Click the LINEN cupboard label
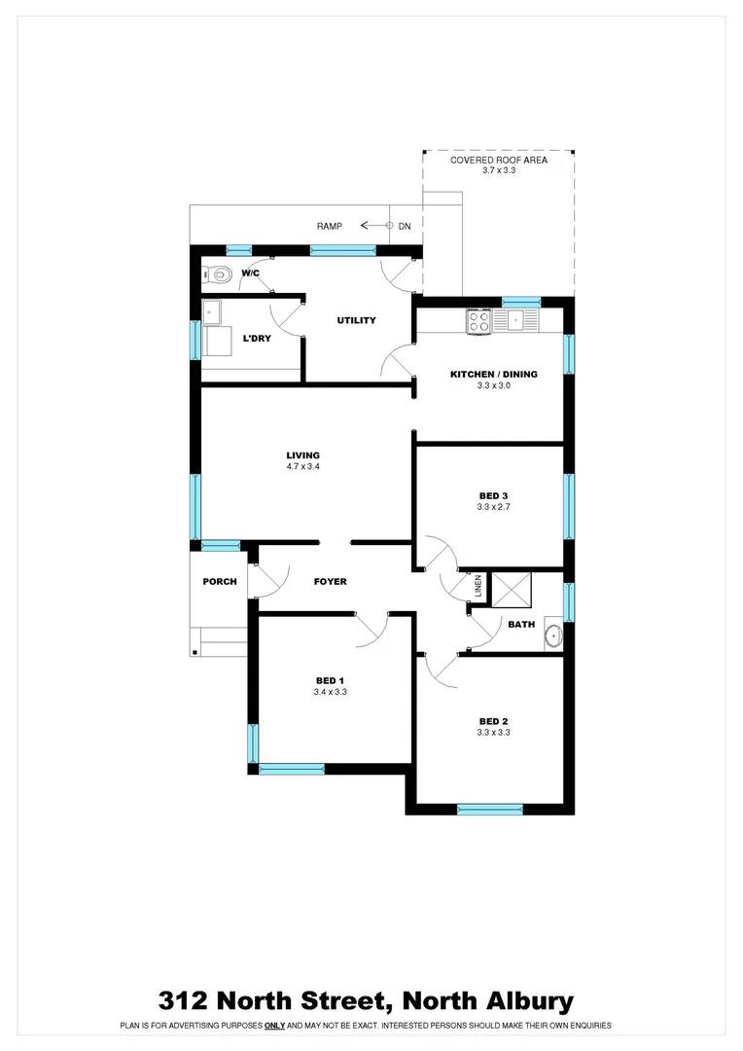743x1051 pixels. [x=478, y=585]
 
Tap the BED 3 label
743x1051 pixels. [x=494, y=495]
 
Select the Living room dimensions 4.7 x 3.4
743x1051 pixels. [x=302, y=467]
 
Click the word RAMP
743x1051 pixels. [x=330, y=226]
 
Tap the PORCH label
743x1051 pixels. [x=220, y=582]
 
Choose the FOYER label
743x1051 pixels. [x=330, y=582]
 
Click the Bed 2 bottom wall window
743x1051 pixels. [x=490, y=809]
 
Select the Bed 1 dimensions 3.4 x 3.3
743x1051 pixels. [x=331, y=692]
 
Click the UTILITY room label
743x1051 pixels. [x=356, y=320]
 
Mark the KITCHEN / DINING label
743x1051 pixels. [x=493, y=374]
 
